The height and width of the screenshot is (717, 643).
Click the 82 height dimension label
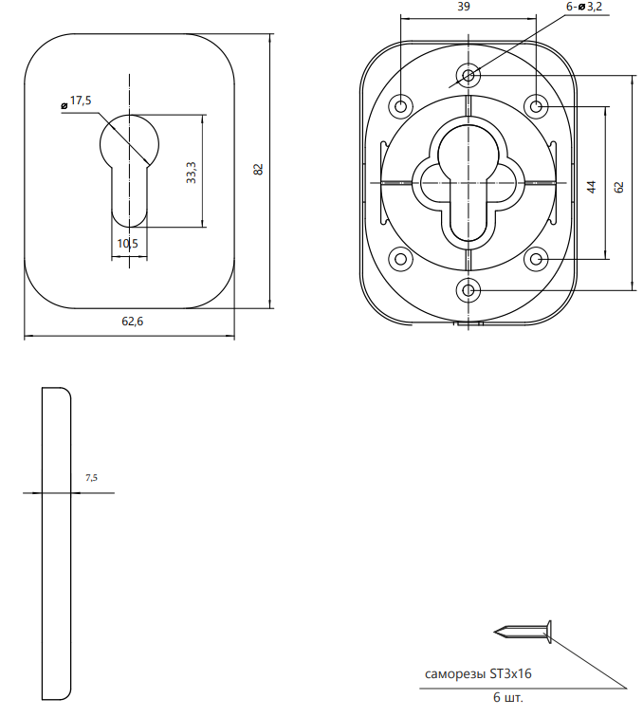coord(258,169)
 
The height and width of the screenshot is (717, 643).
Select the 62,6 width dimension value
coord(132,322)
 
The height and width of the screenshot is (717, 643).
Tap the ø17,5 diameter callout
coord(77,101)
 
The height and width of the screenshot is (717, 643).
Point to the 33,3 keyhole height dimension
coord(192,173)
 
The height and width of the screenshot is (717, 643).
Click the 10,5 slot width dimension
coord(128,243)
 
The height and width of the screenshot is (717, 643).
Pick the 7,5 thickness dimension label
coord(91,478)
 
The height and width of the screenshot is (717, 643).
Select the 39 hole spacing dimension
coord(464,7)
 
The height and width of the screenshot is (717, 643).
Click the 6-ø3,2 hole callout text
coord(584,7)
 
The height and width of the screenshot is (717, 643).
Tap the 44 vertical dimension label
coord(592,187)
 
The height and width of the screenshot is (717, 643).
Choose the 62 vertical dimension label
coord(618,187)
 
